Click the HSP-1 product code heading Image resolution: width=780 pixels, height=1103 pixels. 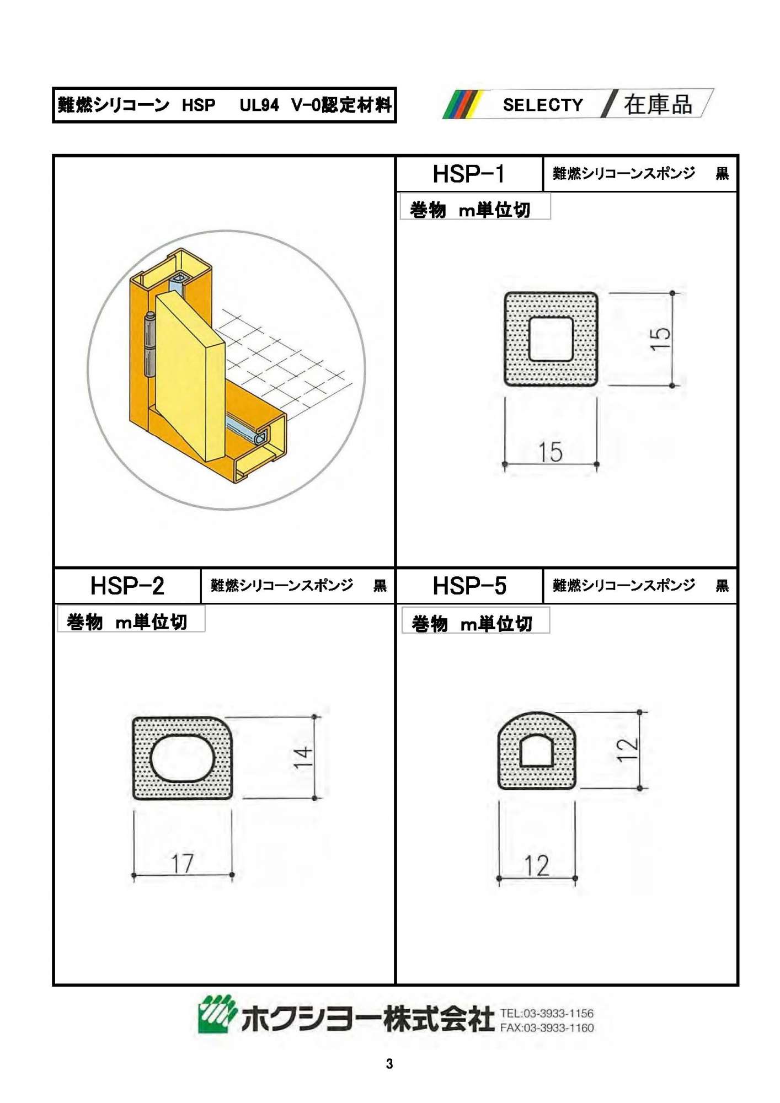pos(468,174)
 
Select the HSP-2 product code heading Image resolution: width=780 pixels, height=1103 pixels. pos(127,586)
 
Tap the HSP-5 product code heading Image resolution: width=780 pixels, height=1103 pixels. pos(469,586)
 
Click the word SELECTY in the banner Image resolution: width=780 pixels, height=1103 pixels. pos(543,105)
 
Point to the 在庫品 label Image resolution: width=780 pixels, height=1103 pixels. pos(658,104)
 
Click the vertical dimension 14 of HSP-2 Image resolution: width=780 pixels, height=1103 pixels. pos(302,757)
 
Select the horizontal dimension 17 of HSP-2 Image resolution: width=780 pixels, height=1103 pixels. pos(182,864)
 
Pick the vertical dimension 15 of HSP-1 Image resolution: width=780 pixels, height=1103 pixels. pos(660,339)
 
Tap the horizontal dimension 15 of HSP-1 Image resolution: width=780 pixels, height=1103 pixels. pos(550,452)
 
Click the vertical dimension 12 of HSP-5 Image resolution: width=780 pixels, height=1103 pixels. pos(627,749)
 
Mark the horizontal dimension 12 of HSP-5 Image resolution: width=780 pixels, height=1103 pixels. pos(536,865)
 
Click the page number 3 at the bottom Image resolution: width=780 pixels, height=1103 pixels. pos(389,1064)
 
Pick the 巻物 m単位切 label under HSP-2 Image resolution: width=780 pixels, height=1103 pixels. pos(127,622)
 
